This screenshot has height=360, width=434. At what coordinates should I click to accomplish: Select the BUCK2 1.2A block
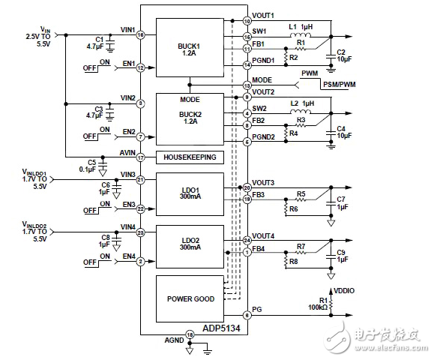tap(189, 119)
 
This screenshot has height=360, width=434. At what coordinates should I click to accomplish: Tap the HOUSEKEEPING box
tap(189, 157)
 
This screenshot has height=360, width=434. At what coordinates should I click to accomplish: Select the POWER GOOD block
tap(189, 298)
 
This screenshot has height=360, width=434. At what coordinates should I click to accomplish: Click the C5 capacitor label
tap(91, 161)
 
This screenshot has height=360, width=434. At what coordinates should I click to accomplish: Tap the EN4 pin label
tap(129, 256)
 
